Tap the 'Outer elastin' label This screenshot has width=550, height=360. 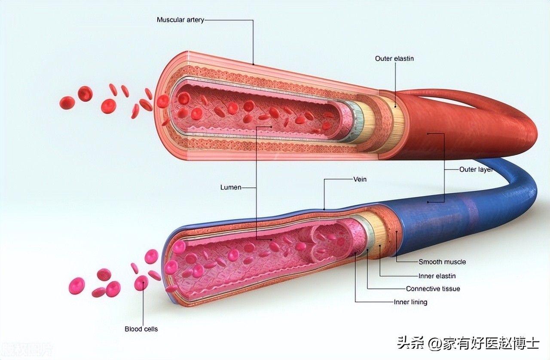(x=394, y=58)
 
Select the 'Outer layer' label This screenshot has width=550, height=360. (x=476, y=170)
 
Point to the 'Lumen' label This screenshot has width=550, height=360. (x=231, y=187)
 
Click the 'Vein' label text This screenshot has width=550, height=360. (x=360, y=179)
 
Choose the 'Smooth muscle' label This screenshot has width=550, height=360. (x=442, y=262)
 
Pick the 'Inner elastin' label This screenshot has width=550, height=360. (x=437, y=276)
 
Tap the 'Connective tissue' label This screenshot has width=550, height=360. (x=433, y=289)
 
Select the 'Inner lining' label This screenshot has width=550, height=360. (x=410, y=302)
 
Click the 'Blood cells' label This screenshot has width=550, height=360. (x=141, y=329)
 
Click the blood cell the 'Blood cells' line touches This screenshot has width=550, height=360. (x=141, y=283)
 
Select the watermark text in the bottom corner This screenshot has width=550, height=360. (x=468, y=343)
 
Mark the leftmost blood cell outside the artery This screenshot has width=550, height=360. (x=67, y=103)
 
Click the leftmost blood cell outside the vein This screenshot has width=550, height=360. (x=76, y=286)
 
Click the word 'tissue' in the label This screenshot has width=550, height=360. (x=449, y=289)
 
